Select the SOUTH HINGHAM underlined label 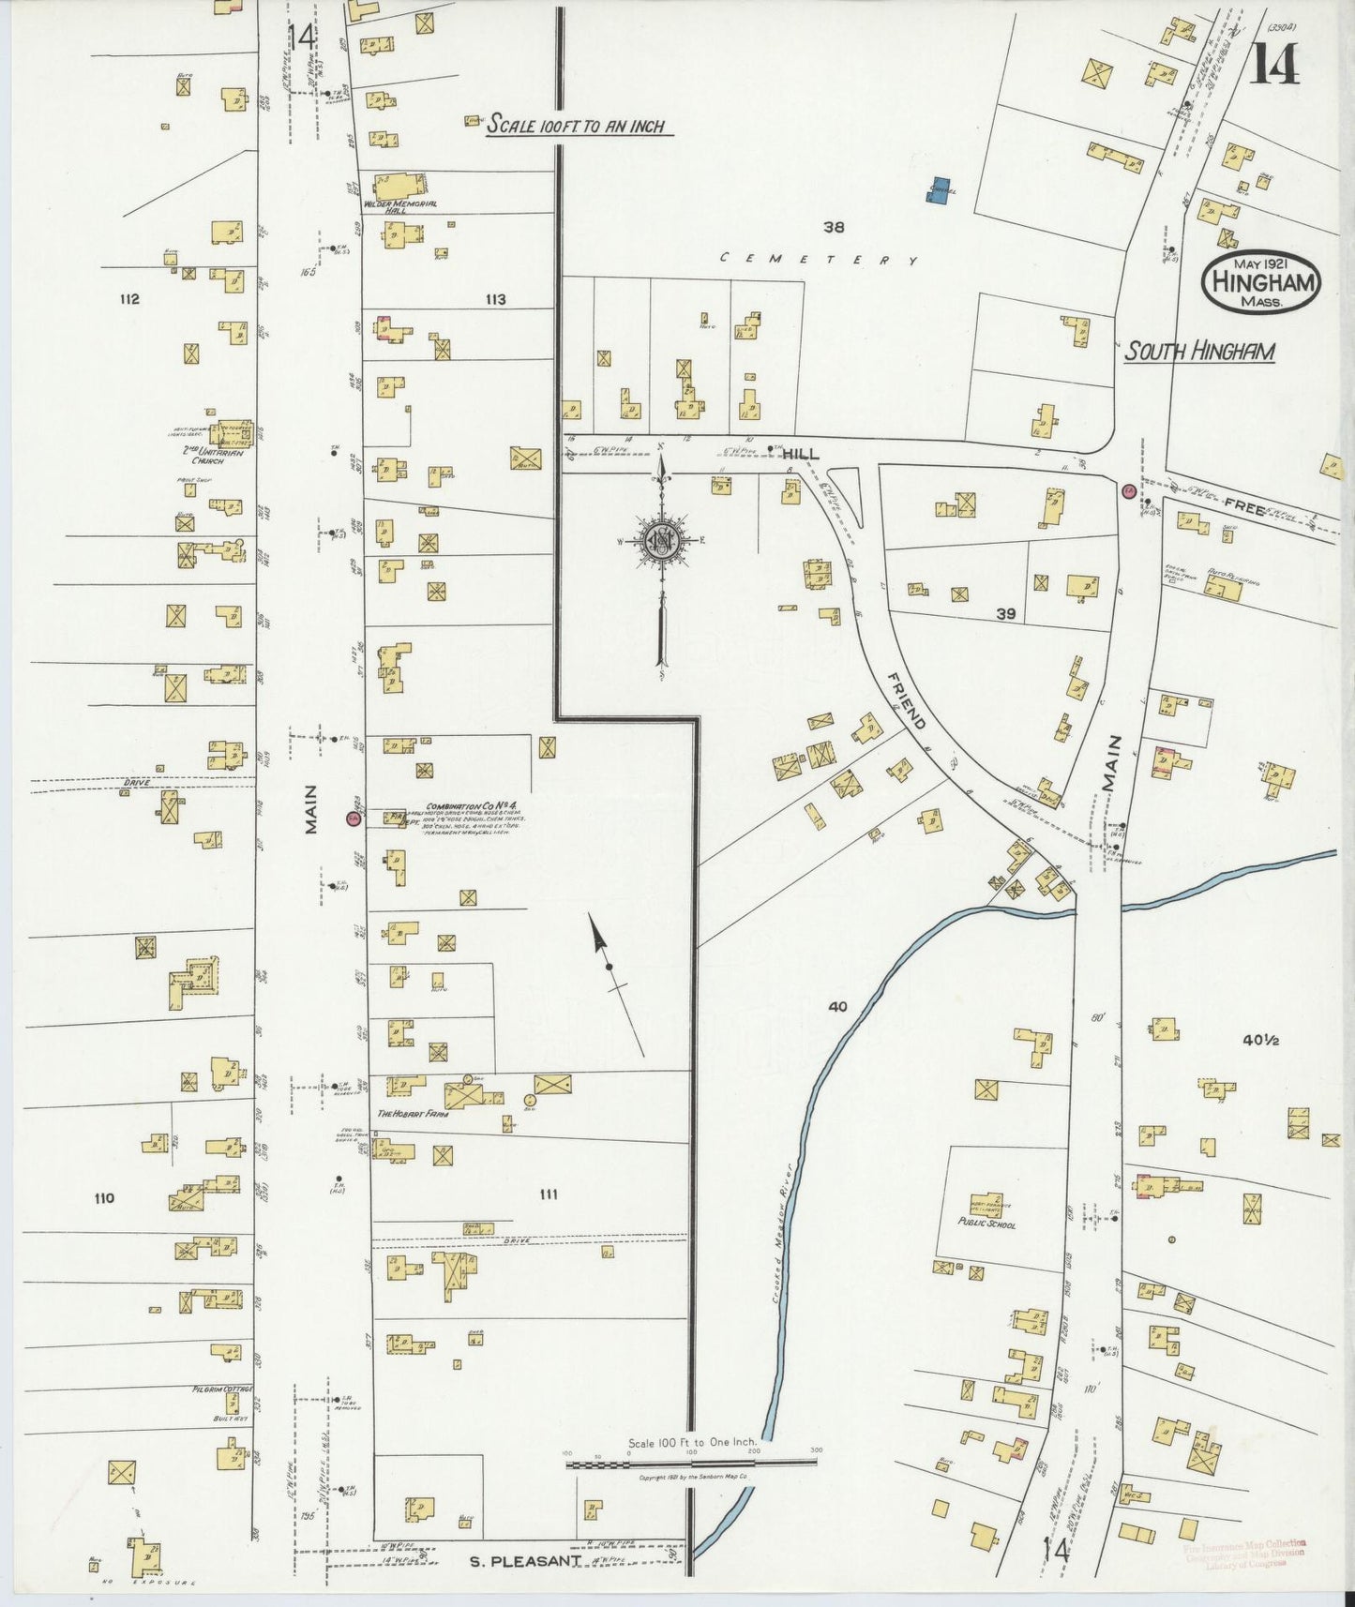(x=1199, y=353)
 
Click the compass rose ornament (x=661, y=542)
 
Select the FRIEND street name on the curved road (x=906, y=700)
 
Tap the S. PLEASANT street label (x=525, y=1561)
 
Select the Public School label (x=986, y=1224)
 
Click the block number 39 (x=1005, y=614)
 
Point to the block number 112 (x=129, y=299)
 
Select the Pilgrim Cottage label (x=222, y=1389)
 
